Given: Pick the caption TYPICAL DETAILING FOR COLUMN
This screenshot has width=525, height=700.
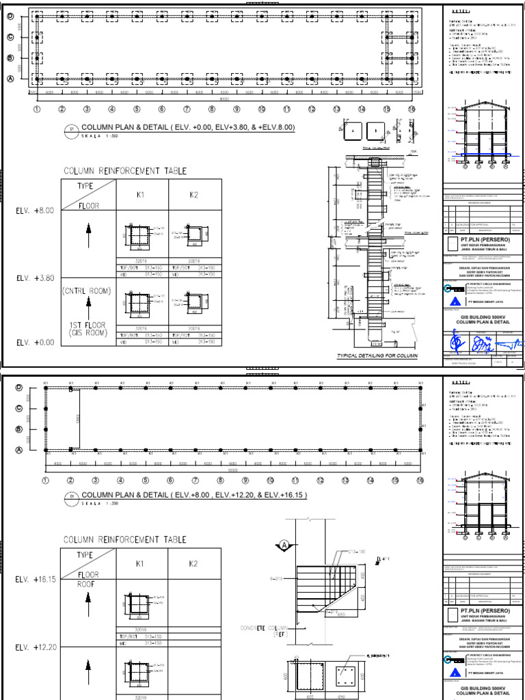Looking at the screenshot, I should (377, 356).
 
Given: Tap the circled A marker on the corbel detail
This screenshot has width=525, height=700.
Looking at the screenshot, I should (283, 545).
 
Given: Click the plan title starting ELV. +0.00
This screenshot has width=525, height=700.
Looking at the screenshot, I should (188, 128).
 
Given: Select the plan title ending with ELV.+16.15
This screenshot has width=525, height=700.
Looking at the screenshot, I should (194, 496).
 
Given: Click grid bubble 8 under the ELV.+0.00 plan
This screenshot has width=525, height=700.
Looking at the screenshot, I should (212, 109).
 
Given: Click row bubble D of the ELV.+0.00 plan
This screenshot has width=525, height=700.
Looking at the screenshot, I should (10, 16).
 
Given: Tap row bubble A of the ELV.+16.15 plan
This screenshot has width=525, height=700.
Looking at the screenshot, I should (10, 450).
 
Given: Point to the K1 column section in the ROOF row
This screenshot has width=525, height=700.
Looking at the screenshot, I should (139, 604).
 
